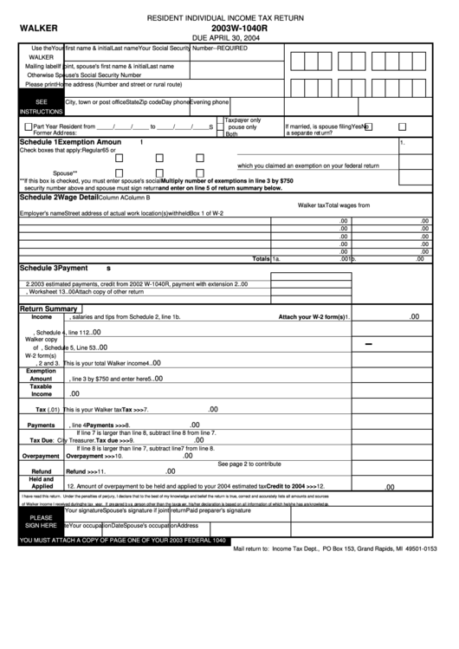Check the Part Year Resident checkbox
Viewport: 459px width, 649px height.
click(26, 126)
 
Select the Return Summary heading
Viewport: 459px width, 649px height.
click(50, 308)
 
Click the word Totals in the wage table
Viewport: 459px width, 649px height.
click(261, 259)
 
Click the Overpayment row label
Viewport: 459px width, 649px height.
click(41, 456)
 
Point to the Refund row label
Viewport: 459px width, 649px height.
click(42, 471)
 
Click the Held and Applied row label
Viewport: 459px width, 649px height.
click(42, 483)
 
